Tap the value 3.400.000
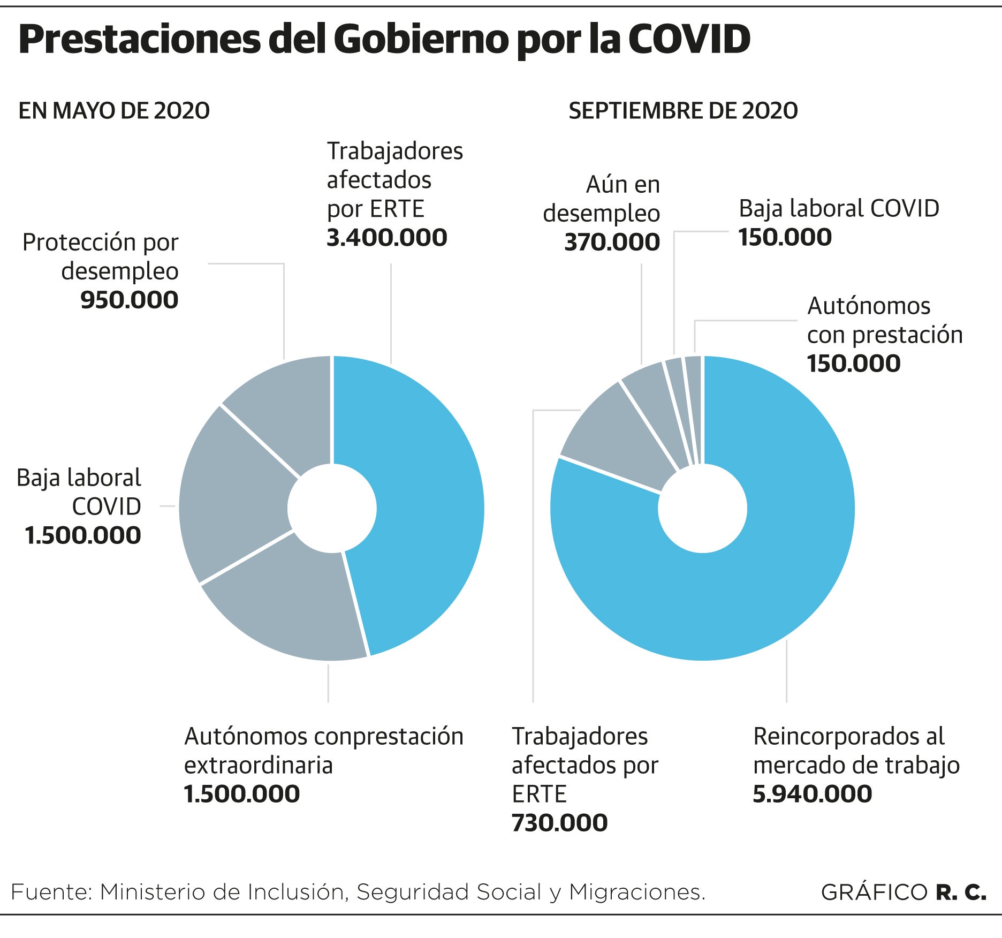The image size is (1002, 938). pos(386,238)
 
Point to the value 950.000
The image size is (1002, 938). pos(129,300)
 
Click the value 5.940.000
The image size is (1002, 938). pos(812,794)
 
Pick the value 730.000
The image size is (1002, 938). pos(559,823)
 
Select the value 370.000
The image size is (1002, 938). pos(612,243)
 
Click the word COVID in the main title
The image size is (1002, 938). pos(689,40)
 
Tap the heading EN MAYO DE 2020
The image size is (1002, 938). pos(114,111)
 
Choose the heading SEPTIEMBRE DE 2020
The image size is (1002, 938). pos(683,111)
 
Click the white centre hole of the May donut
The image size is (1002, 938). pos(332,508)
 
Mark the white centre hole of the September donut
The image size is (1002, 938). pos(702,508)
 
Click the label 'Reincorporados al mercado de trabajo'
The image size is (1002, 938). pos(856,751)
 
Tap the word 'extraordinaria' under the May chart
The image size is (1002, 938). pos(258,766)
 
